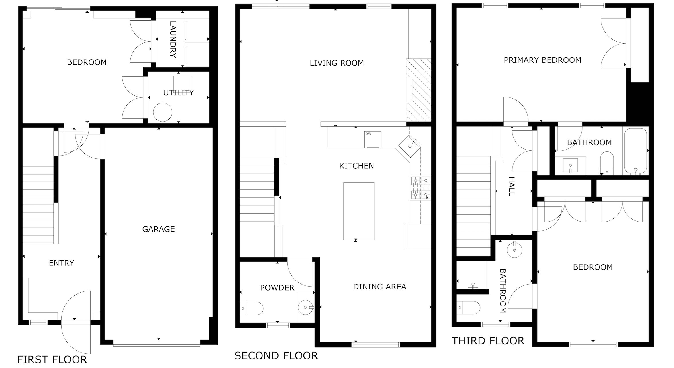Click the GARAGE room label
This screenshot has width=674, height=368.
[158, 229]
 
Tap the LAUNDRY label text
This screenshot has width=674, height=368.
[173, 39]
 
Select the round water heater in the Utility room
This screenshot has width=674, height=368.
[162, 112]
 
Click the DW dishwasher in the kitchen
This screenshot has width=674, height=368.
[373, 139]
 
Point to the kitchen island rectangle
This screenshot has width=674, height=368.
[359, 211]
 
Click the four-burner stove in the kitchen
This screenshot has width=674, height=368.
[420, 188]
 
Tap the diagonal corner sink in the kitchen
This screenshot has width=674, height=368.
[410, 146]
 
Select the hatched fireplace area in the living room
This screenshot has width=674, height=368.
[419, 90]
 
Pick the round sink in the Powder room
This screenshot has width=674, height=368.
[305, 308]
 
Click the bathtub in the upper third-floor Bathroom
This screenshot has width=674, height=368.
[636, 151]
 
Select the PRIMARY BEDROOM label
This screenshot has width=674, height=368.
[542, 60]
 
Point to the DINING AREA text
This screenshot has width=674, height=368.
[380, 287]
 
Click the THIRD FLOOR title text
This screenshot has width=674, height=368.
[488, 341]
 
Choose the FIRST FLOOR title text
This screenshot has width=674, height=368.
[52, 359]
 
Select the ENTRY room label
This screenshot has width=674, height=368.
[62, 263]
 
